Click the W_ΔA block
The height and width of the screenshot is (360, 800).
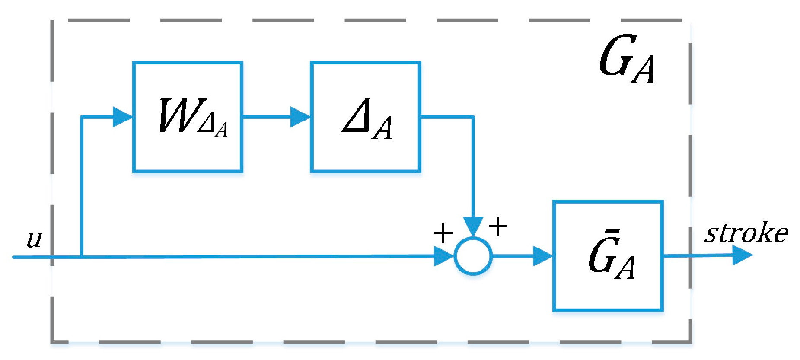(x=188, y=117)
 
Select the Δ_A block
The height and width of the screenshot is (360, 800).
(x=365, y=117)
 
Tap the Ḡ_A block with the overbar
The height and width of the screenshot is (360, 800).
(x=608, y=256)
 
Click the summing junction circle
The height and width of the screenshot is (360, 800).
(x=473, y=256)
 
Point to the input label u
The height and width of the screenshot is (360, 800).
(x=34, y=239)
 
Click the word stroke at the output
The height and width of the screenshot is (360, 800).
(x=746, y=233)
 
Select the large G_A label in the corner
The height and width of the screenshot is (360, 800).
(x=627, y=61)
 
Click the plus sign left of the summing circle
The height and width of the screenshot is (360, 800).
(x=443, y=234)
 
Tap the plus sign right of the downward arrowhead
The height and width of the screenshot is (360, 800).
(x=498, y=226)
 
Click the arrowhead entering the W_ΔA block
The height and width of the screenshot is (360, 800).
(x=122, y=117)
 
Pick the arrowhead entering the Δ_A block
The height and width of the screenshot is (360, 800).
(x=300, y=117)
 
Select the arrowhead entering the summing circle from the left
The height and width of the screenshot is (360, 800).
(x=443, y=256)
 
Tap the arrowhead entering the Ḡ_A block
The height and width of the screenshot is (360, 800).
(x=543, y=256)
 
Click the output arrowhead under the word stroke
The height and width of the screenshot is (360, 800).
(x=743, y=255)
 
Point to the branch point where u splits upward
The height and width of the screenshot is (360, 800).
(x=82, y=257)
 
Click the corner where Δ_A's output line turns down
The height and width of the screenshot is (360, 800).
(x=473, y=117)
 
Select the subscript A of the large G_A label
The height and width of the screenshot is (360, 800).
(x=643, y=70)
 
